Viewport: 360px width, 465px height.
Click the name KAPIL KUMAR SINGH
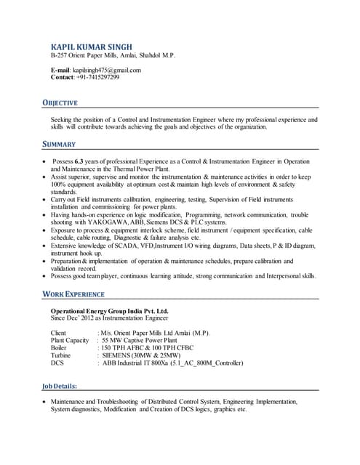[x=92, y=46]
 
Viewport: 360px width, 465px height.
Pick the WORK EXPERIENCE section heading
[x=73, y=294]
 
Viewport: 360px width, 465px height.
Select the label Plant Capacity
[x=70, y=340]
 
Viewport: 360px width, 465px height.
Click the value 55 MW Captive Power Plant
[x=139, y=340]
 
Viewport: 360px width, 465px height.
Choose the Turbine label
[x=63, y=355]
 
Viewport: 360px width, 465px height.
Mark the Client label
[x=60, y=333]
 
